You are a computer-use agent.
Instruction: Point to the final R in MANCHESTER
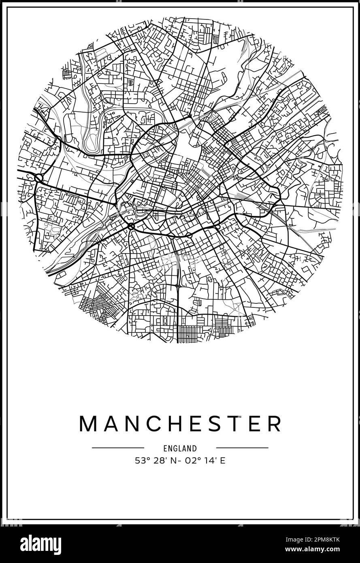[274, 424]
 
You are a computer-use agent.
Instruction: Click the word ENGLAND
[180, 448]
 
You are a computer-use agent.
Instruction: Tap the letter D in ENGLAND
[195, 448]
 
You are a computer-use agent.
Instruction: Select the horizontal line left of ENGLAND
[118, 448]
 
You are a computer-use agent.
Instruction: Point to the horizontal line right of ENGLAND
[242, 448]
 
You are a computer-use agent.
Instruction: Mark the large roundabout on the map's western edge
[39, 178]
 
